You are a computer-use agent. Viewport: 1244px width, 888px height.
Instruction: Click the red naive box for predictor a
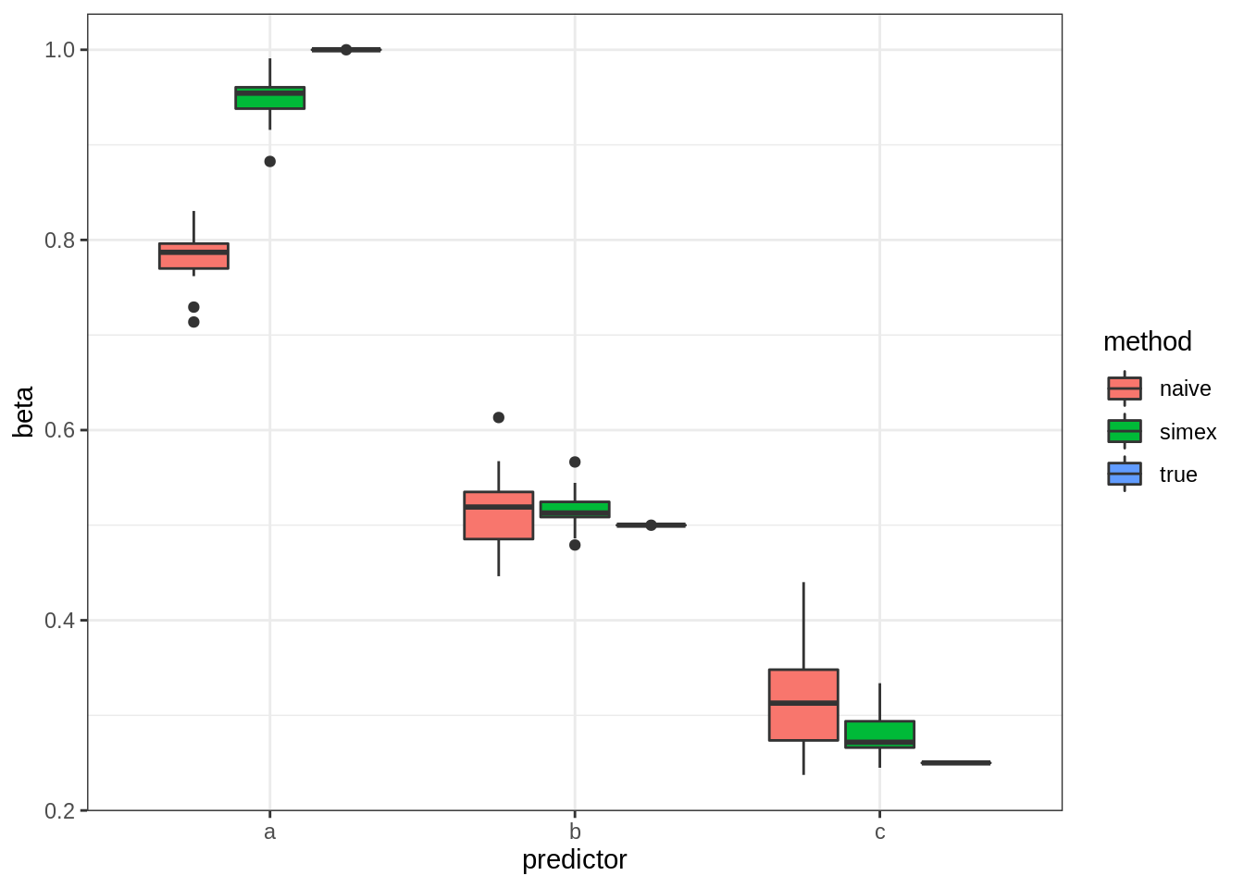point(193,256)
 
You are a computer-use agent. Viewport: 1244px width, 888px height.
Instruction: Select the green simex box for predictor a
point(269,98)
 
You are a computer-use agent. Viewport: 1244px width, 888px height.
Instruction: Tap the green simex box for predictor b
point(575,509)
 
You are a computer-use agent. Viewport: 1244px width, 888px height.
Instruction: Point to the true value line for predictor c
point(956,763)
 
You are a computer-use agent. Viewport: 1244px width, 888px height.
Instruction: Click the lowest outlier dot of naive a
point(193,322)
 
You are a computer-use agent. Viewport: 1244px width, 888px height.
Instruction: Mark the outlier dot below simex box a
point(269,161)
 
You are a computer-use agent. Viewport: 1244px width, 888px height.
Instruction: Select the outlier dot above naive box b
point(498,417)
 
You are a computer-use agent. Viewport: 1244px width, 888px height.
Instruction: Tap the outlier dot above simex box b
point(575,462)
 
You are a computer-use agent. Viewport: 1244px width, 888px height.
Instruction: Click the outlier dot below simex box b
point(575,545)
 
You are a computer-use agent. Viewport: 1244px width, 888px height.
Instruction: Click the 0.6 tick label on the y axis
point(59,430)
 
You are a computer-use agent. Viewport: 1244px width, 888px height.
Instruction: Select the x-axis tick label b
point(575,832)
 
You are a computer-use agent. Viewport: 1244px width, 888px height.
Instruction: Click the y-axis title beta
point(24,412)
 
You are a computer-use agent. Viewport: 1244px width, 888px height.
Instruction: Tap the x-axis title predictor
point(574,860)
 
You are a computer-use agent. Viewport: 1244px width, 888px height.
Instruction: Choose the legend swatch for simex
point(1125,431)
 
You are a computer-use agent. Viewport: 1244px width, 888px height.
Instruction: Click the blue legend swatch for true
point(1125,474)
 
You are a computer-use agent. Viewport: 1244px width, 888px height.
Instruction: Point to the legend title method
point(1147,341)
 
